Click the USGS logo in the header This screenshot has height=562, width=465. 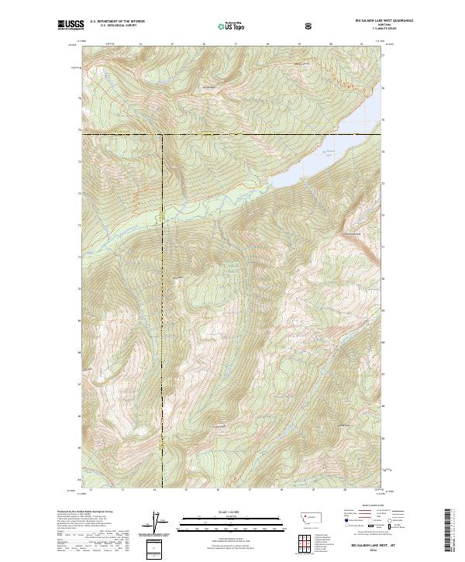(x=71, y=26)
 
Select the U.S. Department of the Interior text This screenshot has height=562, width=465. (x=117, y=22)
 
